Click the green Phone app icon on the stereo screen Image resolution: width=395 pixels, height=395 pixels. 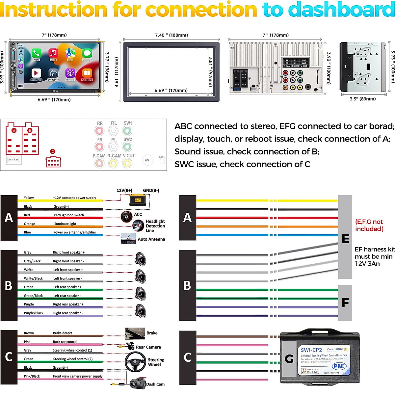point(36,53)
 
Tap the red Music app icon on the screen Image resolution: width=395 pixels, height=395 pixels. point(53,53)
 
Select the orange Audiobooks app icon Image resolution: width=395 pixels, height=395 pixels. point(87,74)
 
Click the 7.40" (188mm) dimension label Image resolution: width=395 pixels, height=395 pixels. point(171,35)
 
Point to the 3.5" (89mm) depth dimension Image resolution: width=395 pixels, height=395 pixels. point(363,99)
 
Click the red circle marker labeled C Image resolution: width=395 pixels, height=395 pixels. point(53,151)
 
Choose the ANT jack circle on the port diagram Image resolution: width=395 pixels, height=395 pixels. point(148,160)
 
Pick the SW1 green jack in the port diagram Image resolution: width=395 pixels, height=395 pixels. point(127,131)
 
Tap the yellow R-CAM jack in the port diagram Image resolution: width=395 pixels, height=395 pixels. point(113,163)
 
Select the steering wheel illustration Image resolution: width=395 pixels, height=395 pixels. point(135,362)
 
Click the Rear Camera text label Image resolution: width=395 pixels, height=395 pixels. point(148,347)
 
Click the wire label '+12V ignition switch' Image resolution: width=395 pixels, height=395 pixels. point(68,215)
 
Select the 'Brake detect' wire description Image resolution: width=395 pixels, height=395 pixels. point(63,333)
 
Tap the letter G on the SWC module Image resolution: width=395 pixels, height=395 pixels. point(289,359)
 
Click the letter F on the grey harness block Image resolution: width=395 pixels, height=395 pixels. point(345,303)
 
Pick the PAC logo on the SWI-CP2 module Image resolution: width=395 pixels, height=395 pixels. point(339,366)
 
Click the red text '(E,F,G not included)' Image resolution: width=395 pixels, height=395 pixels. point(369,225)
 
